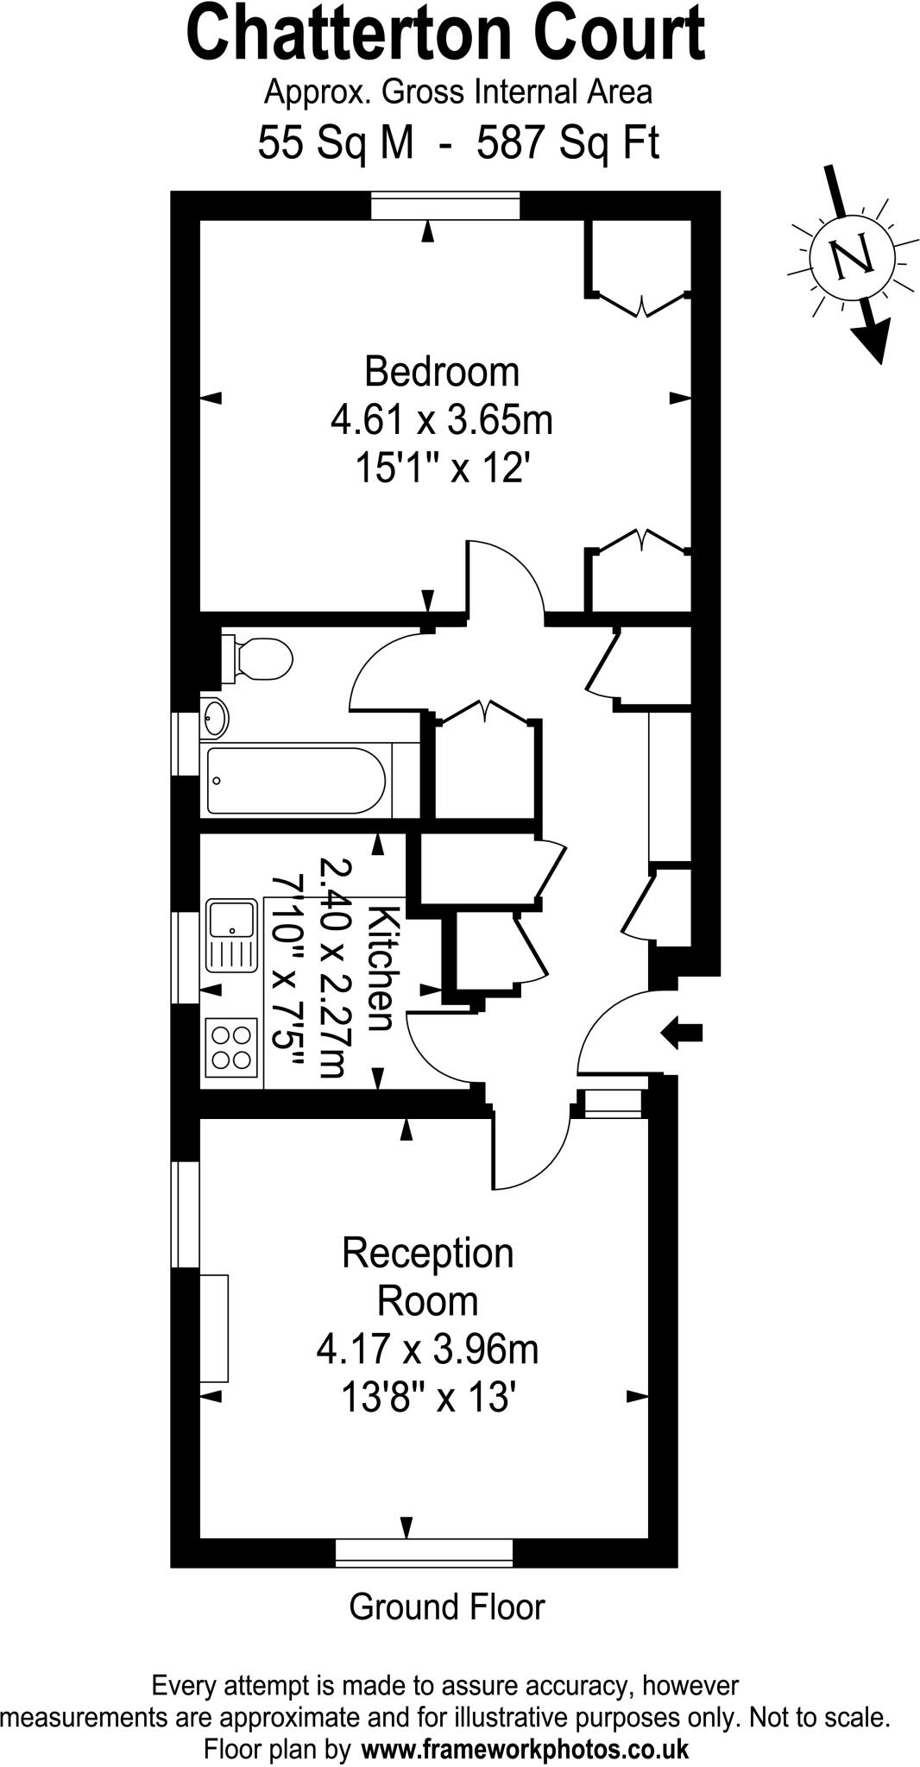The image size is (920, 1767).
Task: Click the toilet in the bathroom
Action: click(258, 660)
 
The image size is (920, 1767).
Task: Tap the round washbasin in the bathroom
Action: click(214, 717)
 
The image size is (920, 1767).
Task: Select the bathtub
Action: click(295, 780)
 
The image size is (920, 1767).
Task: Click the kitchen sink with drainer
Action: click(231, 934)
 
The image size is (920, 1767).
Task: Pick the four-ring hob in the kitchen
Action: click(232, 1047)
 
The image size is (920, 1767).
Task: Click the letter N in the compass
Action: click(851, 255)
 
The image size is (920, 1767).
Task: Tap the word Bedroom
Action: click(442, 372)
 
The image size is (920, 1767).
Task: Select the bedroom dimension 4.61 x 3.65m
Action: click(442, 421)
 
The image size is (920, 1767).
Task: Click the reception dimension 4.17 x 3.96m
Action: click(427, 1348)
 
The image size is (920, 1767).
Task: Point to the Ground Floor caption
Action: click(447, 1607)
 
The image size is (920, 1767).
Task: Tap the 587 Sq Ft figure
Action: click(568, 143)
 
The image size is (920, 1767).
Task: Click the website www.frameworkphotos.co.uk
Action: click(525, 1749)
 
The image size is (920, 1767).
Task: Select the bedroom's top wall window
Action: click(445, 207)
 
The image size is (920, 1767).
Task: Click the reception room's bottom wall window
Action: click(424, 1552)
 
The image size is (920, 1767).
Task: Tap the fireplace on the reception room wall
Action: click(215, 1327)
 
